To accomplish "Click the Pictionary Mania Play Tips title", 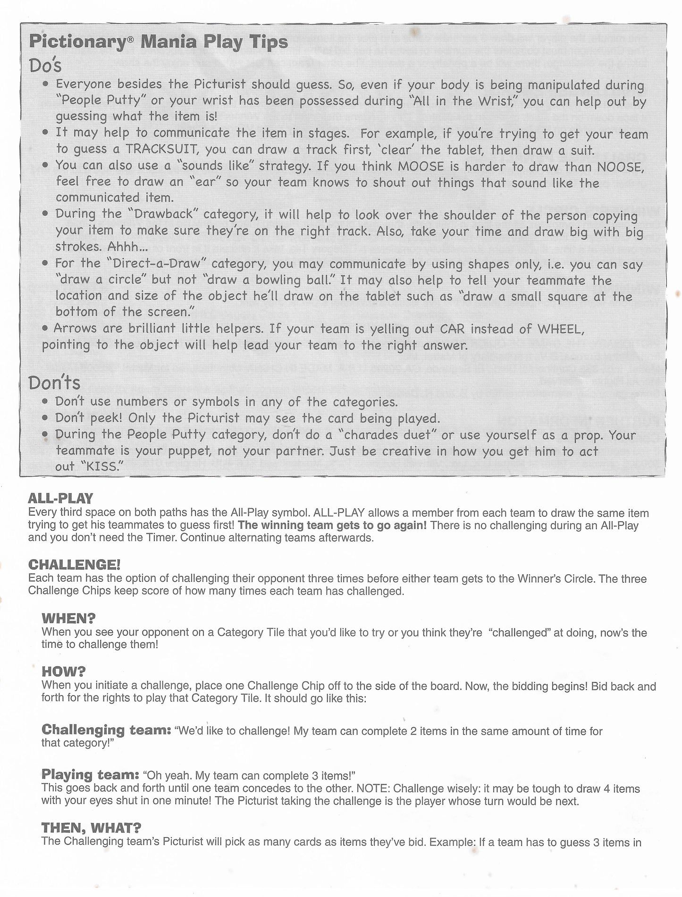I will (x=158, y=42).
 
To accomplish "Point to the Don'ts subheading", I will (x=54, y=382).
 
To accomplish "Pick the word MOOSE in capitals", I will (x=421, y=166).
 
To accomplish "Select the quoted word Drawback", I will (x=163, y=214).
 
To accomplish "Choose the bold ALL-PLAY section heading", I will (x=60, y=498).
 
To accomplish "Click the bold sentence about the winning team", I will (x=332, y=525).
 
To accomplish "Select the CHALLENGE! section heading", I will (x=75, y=564).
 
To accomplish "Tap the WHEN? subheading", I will (x=69, y=618).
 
